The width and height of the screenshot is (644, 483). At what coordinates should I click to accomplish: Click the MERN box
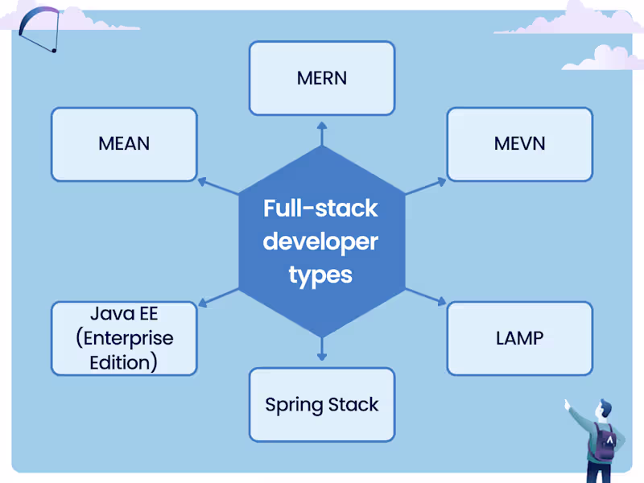pos(321,78)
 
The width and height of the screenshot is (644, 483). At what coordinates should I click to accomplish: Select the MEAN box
pos(124,144)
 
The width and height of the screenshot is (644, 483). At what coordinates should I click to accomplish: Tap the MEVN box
pos(519,144)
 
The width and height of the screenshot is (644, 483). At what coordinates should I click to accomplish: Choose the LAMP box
pos(519,338)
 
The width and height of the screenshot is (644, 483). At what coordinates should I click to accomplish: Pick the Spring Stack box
pos(321,405)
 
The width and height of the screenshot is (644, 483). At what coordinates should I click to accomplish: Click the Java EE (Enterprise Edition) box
pos(124,338)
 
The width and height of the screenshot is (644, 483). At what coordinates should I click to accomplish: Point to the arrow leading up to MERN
pos(322,134)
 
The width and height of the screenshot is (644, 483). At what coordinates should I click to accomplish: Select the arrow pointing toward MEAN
pos(217,186)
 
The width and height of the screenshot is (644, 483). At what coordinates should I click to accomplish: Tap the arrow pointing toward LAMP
pos(425,295)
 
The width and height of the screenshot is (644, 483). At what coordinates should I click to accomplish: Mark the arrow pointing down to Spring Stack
pos(322,348)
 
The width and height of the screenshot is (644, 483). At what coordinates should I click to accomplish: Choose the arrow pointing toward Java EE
pos(217,296)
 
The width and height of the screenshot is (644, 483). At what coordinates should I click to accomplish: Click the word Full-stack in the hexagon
pos(320,208)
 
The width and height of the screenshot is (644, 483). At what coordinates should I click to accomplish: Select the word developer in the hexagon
pos(320,242)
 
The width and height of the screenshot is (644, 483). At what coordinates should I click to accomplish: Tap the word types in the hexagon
pos(320,275)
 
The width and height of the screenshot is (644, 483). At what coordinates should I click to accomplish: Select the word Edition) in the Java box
pos(123,362)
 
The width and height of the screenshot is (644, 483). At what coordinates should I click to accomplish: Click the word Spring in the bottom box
pos(294,405)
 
